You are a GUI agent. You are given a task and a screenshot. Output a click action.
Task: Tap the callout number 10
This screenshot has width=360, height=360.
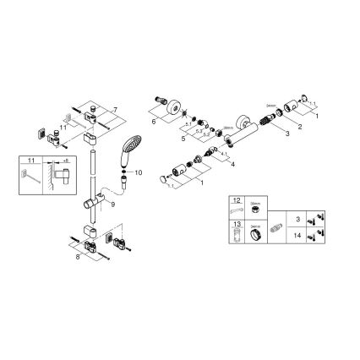point(140,172)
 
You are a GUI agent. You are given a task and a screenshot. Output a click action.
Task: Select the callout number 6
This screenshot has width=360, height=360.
point(154,122)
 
